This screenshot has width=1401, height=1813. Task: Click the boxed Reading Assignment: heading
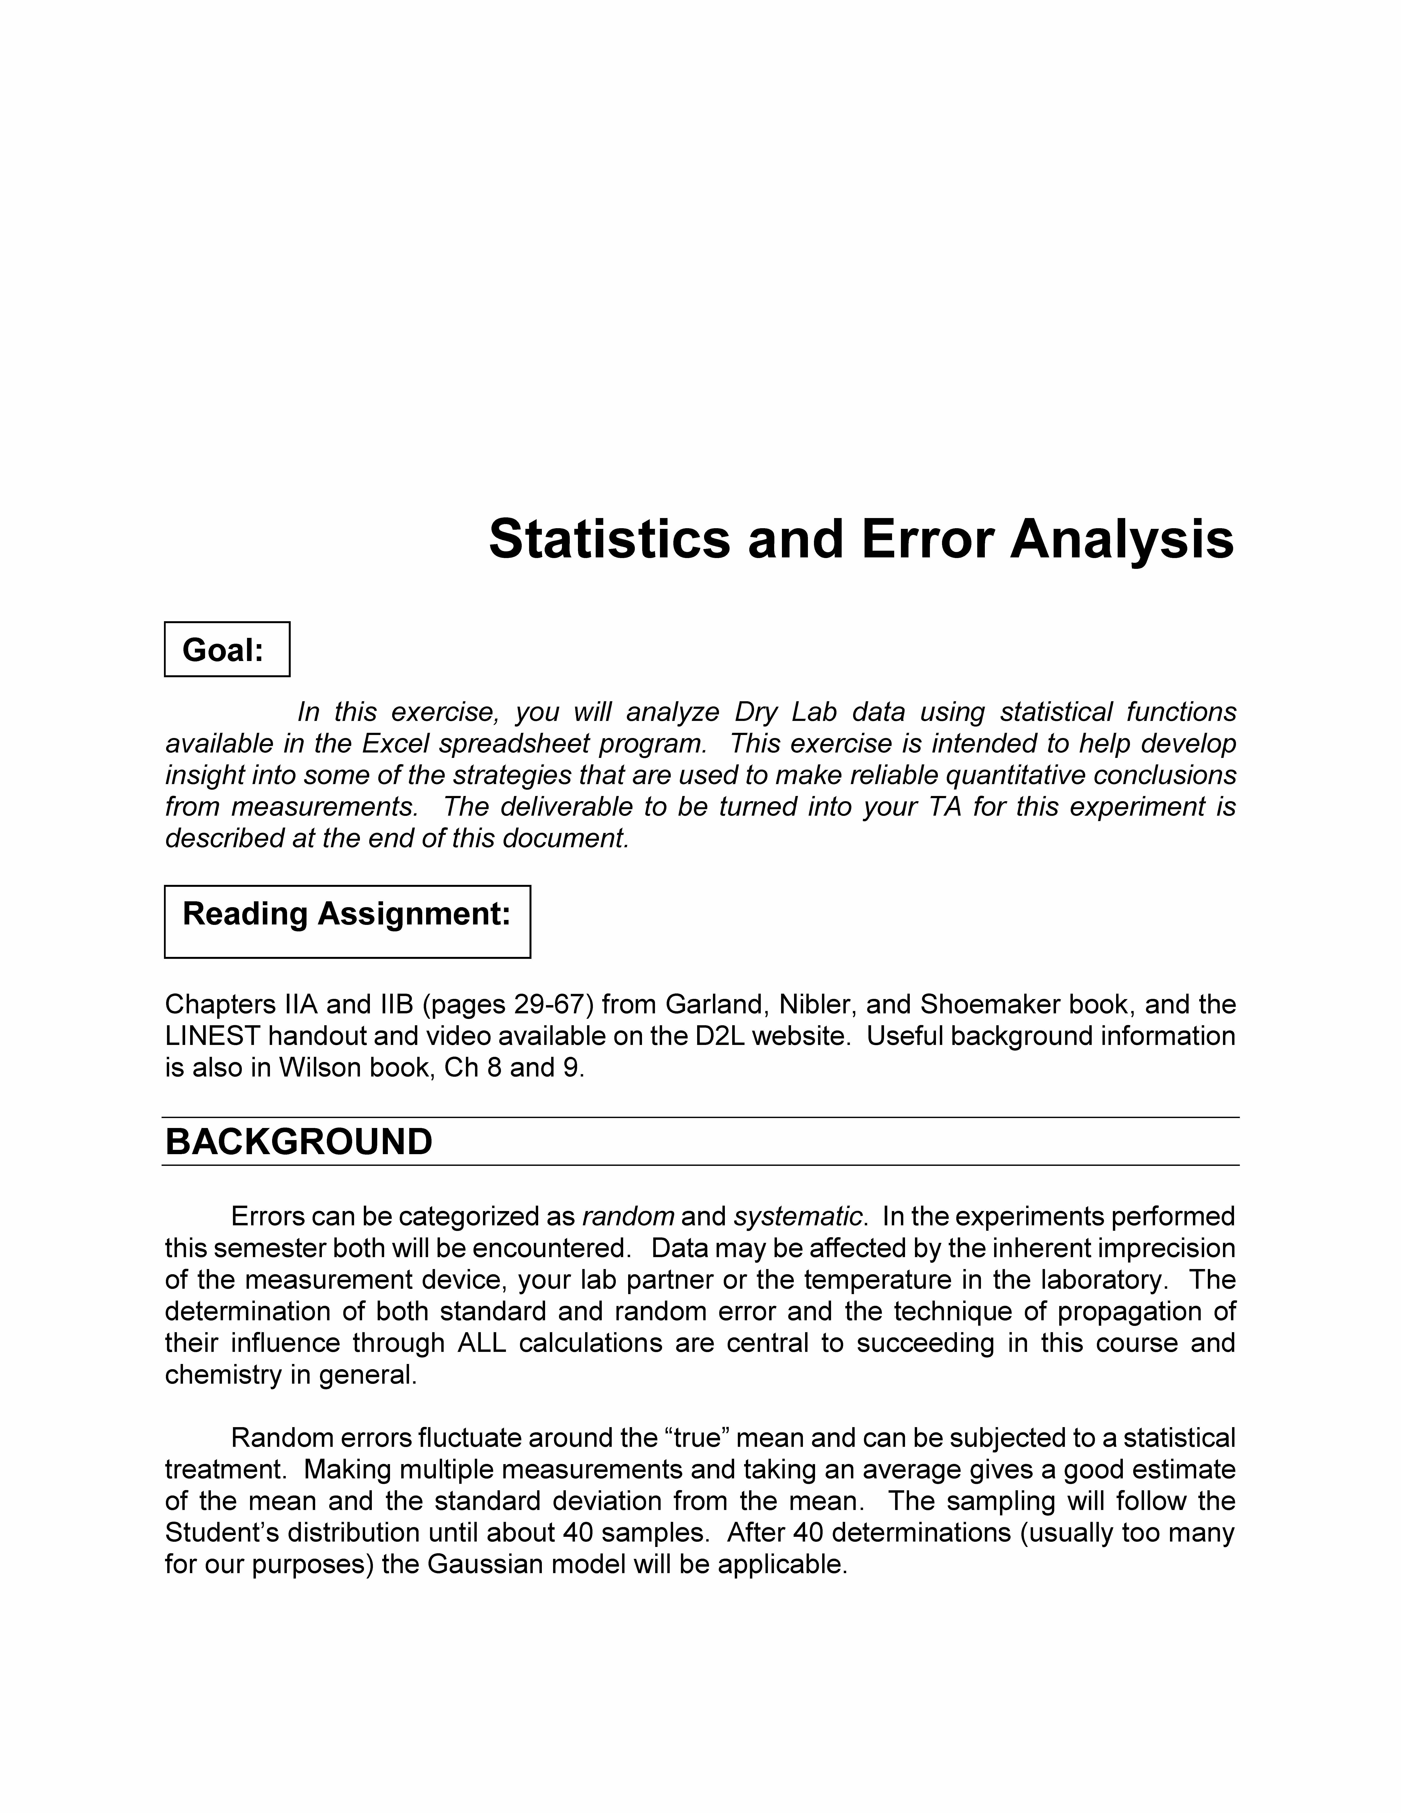coord(347,914)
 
